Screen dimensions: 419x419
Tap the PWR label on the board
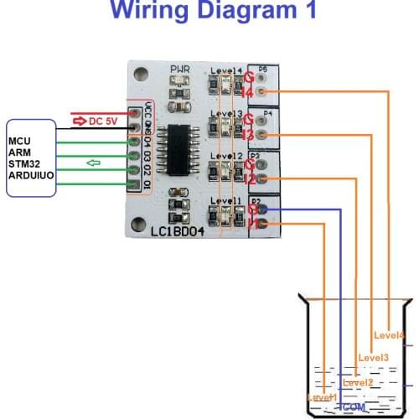coord(181,70)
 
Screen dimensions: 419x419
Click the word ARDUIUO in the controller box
coord(31,178)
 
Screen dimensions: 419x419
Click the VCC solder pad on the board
coord(134,111)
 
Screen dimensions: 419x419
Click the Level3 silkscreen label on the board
coord(227,114)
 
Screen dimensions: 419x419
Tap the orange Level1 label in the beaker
coord(323,396)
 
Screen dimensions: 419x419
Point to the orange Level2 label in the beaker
coord(358,383)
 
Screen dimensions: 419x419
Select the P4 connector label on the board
coord(267,111)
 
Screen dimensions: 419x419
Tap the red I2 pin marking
coord(248,178)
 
